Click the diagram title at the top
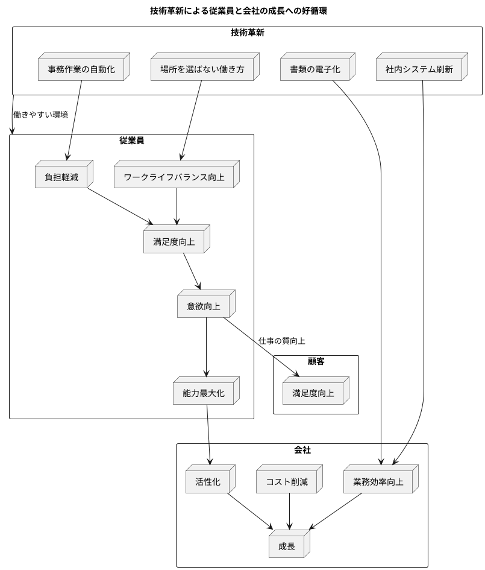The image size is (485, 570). click(239, 11)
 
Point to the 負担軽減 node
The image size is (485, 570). click(61, 177)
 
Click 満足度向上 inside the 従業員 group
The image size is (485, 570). click(174, 242)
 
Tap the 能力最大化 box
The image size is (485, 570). click(203, 393)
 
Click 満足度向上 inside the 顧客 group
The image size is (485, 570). click(313, 393)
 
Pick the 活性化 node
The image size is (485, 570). click(208, 482)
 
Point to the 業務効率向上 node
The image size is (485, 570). click(378, 482)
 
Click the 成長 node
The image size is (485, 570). click(287, 546)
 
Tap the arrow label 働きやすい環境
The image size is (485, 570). click(40, 115)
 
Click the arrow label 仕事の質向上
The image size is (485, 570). click(281, 341)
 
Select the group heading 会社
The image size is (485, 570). click(302, 450)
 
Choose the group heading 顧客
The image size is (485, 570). click(316, 361)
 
